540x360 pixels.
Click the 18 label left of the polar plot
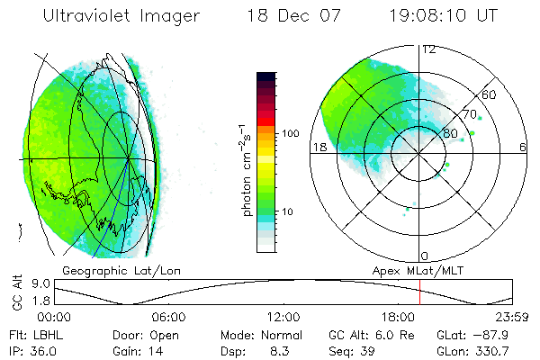(319, 147)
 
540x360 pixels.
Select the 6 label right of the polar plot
(523, 147)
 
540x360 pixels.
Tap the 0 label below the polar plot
(425, 256)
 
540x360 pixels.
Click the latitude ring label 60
(490, 94)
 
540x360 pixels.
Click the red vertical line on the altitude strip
(419, 292)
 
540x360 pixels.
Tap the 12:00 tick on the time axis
(283, 317)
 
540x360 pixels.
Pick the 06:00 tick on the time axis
(168, 317)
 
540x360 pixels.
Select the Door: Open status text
(143, 335)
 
